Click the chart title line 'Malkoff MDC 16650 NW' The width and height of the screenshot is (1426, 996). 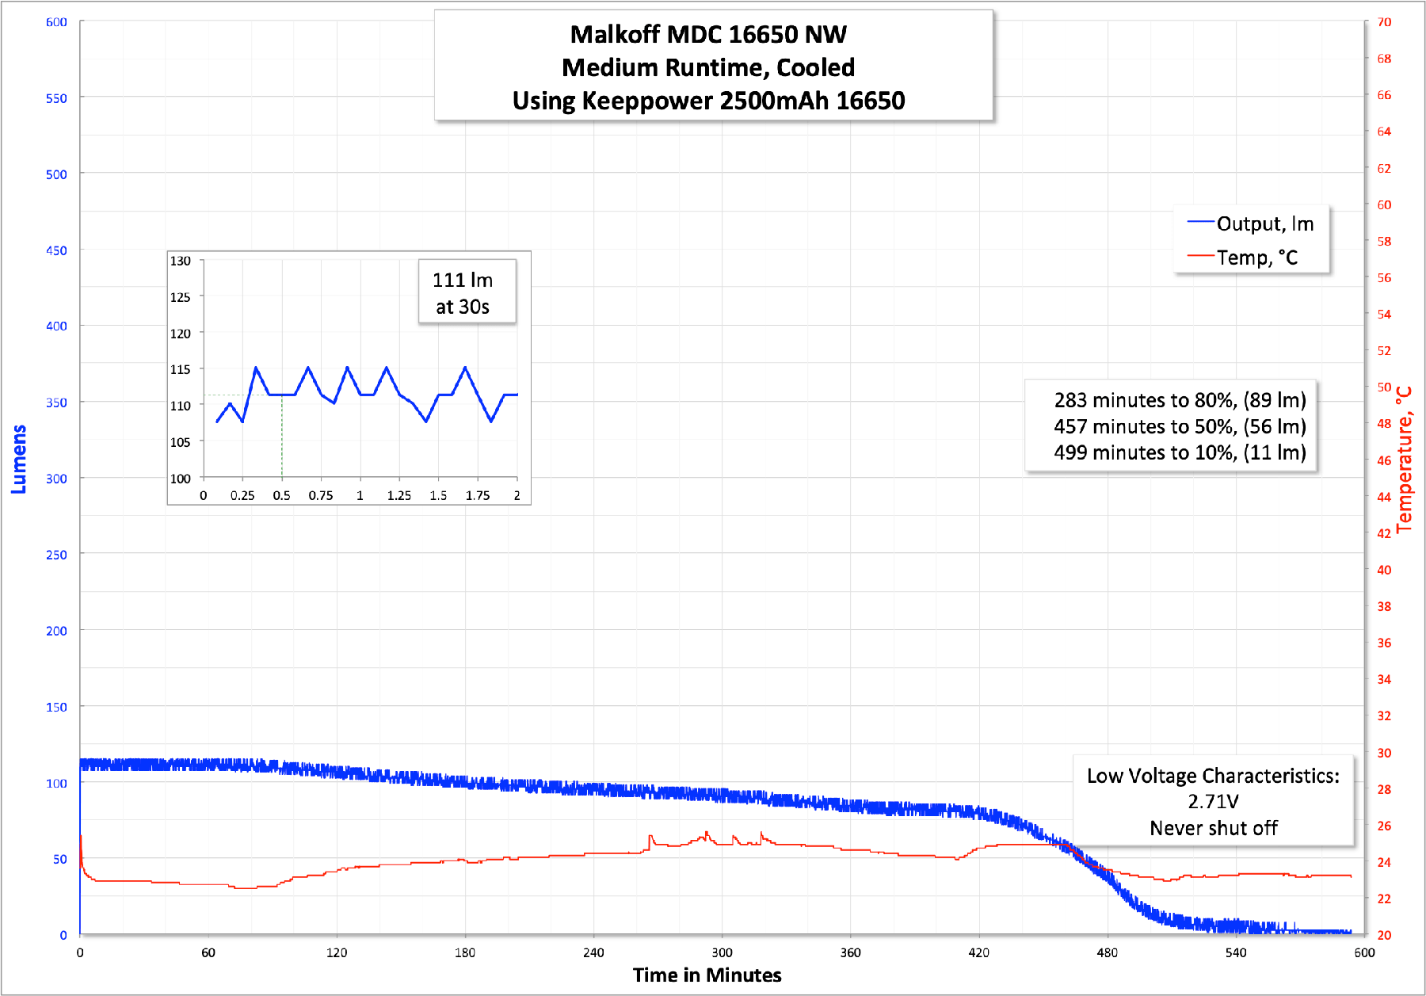click(x=708, y=35)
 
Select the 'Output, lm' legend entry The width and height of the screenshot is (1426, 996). click(x=1264, y=224)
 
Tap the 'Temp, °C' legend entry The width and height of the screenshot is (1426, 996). click(x=1256, y=258)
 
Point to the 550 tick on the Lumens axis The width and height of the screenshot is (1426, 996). click(x=56, y=98)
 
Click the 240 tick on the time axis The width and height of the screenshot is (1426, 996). click(x=593, y=952)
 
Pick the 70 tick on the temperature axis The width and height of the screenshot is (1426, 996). click(x=1384, y=22)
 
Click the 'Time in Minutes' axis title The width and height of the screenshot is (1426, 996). click(x=707, y=975)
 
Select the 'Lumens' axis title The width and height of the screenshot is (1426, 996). click(x=18, y=460)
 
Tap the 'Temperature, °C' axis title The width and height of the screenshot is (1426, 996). click(x=1404, y=460)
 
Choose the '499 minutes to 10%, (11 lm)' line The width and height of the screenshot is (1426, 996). click(x=1180, y=452)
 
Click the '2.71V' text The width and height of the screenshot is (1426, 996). click(x=1213, y=802)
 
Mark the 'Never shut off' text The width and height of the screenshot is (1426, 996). click(x=1213, y=828)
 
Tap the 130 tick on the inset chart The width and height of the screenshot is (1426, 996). click(x=181, y=261)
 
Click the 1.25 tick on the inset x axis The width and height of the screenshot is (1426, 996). click(x=399, y=496)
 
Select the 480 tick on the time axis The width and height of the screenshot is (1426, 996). click(x=1108, y=952)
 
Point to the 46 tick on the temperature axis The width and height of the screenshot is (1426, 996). click(x=1384, y=460)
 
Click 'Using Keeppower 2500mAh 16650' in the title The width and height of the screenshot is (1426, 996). click(x=708, y=101)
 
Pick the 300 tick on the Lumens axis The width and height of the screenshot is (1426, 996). click(x=56, y=479)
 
